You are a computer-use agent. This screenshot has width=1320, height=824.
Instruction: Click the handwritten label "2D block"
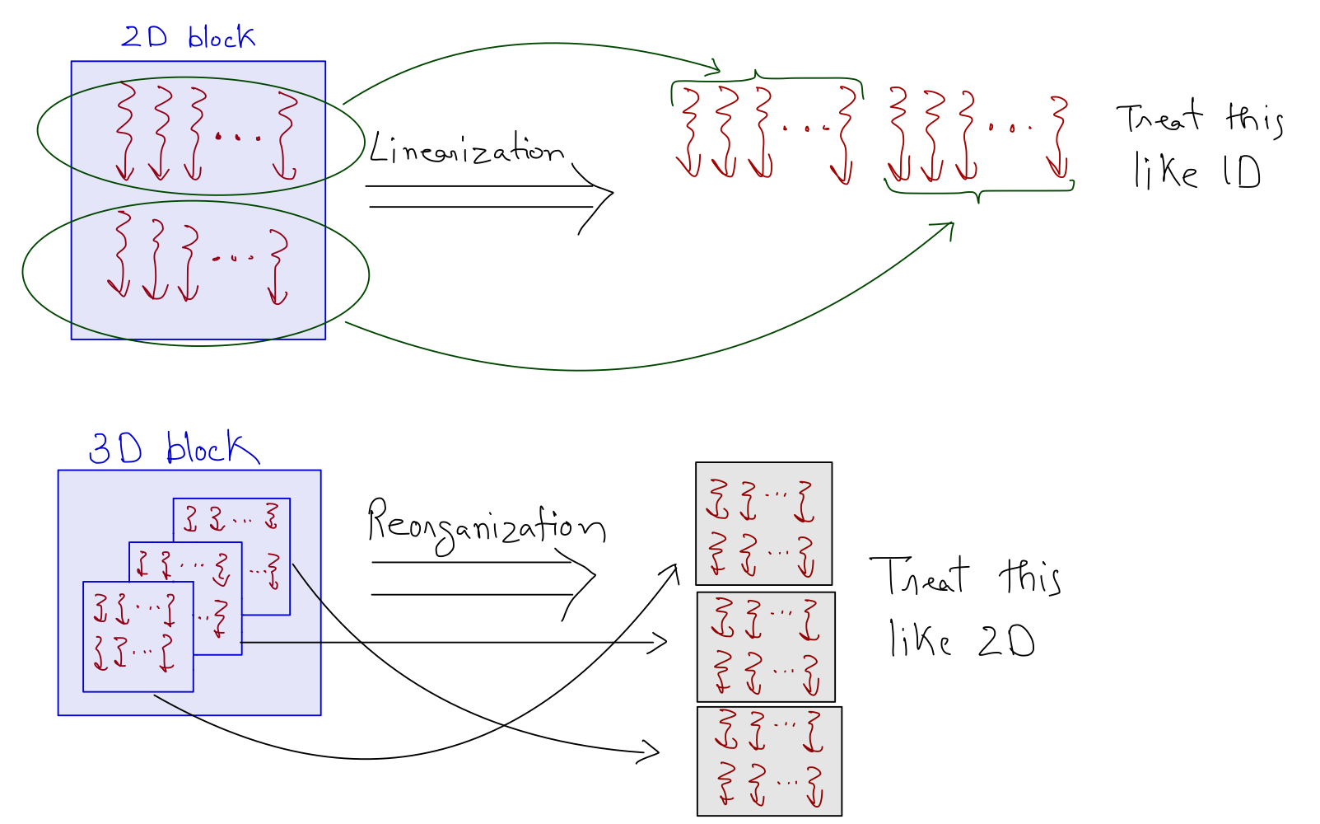click(188, 37)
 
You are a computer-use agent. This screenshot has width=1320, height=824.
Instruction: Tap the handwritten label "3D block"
click(173, 449)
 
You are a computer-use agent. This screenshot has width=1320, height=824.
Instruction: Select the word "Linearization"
click(465, 150)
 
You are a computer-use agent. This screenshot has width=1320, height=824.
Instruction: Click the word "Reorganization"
click(486, 526)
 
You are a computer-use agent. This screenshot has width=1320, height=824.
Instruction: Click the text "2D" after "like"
click(1006, 640)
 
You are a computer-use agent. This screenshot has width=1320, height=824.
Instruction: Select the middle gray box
click(766, 647)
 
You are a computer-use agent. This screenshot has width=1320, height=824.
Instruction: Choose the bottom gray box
click(769, 761)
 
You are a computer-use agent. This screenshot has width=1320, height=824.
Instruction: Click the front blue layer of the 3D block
click(138, 636)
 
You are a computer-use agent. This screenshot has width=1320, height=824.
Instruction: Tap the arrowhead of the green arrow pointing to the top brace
click(715, 68)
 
